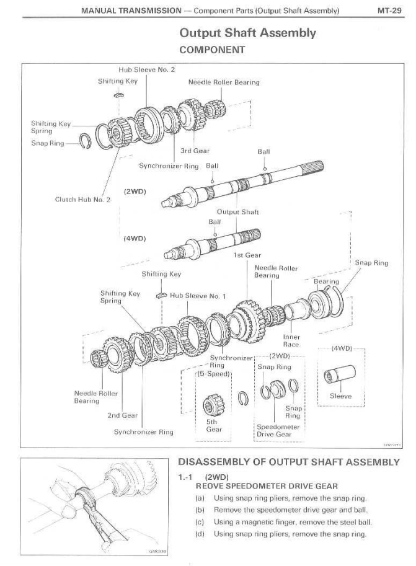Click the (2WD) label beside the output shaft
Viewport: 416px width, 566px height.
click(x=135, y=191)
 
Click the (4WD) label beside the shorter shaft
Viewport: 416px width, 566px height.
click(x=135, y=237)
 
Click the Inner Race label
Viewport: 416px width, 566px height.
click(x=291, y=341)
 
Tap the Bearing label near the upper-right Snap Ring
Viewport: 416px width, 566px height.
click(x=326, y=281)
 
